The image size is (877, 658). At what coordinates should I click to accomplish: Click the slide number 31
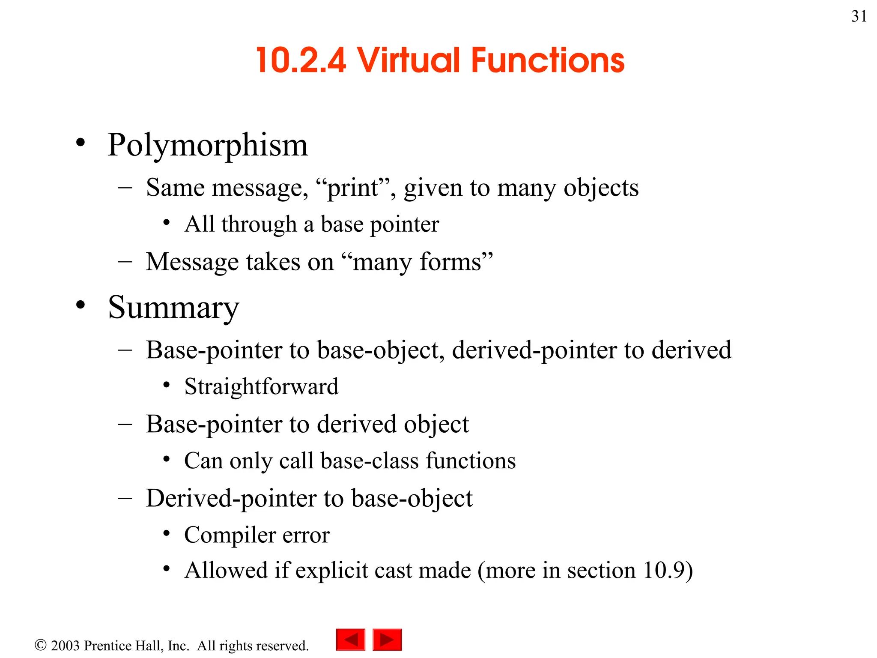point(859,16)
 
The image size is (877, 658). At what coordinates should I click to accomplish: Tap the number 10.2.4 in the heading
point(301,60)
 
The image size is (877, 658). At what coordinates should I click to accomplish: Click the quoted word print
point(353,188)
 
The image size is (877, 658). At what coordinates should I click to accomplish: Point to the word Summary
point(173,308)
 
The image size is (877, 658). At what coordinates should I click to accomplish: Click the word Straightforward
point(261,386)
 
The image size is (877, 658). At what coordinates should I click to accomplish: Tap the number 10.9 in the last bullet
point(663,570)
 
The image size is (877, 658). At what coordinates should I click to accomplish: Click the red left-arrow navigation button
point(351,640)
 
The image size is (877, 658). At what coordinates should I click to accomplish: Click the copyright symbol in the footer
point(40,645)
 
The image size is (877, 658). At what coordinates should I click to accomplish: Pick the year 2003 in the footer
point(65,646)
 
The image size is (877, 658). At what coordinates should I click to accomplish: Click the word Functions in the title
point(548,60)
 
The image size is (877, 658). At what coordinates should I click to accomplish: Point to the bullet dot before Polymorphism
point(81,143)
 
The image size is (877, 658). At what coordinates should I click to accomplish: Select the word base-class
point(370,461)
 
